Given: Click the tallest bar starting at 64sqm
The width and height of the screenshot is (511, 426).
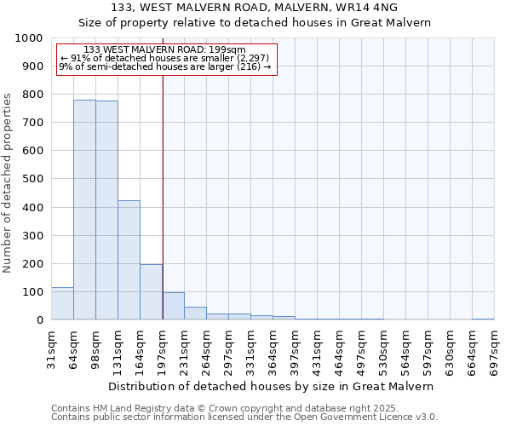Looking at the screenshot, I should click(84, 210).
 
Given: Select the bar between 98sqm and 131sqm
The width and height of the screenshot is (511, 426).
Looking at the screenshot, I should click(106, 210).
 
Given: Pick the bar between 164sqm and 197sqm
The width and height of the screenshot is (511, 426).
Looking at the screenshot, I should click(151, 292).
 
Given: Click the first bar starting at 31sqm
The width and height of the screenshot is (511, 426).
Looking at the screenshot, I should click(62, 303).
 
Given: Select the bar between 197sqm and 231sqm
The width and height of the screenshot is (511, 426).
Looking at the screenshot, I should click(173, 306).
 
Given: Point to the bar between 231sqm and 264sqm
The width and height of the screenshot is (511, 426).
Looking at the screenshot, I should click(195, 314).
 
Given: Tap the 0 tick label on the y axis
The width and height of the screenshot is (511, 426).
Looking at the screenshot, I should click(39, 320).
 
